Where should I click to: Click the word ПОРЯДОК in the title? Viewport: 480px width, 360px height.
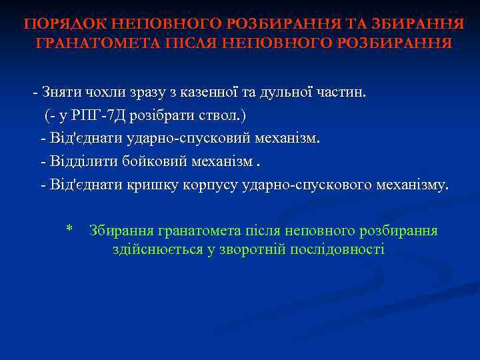coord(64,25)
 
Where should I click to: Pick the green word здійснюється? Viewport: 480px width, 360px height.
coord(153,249)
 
